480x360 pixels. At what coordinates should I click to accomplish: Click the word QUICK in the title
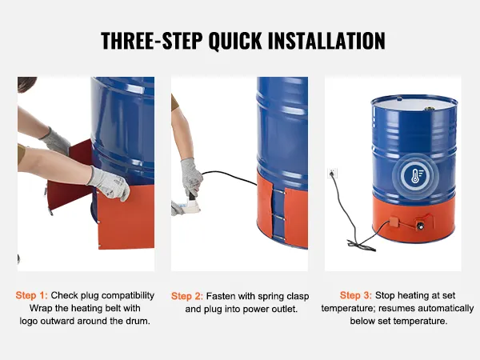click(235, 41)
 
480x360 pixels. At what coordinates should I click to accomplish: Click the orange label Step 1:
click(31, 295)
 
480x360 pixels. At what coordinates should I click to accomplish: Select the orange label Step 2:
click(187, 296)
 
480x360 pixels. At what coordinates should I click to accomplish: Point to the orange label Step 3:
click(356, 295)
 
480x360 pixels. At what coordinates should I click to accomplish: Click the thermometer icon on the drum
click(415, 176)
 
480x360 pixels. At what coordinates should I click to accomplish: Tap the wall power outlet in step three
click(332, 174)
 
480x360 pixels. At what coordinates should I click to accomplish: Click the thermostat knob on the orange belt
click(420, 226)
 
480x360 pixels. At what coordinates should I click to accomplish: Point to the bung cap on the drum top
click(429, 108)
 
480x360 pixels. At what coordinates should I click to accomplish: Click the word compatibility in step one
click(128, 296)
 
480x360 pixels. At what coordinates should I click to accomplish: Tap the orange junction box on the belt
click(394, 222)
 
